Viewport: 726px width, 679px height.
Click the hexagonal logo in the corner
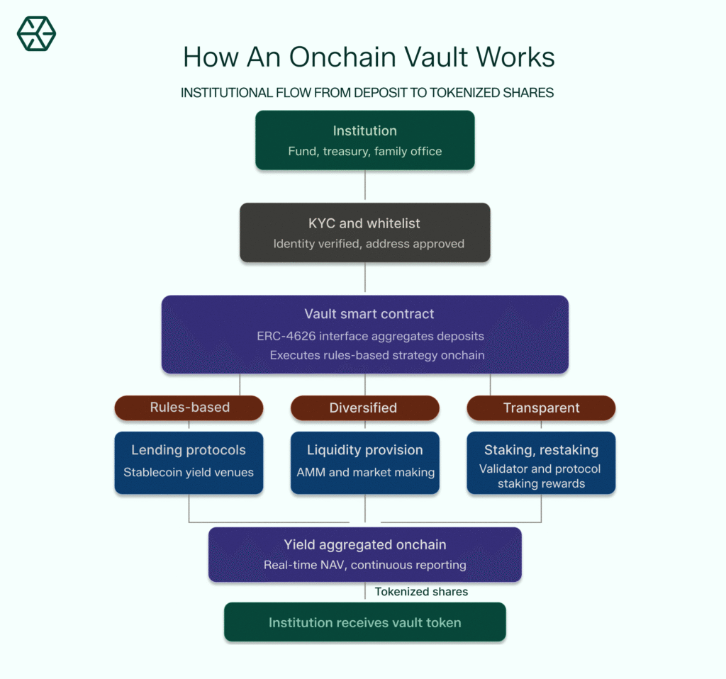[x=36, y=33]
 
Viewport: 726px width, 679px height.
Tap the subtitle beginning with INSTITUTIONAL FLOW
[x=367, y=93]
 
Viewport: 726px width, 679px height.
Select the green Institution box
[x=364, y=140]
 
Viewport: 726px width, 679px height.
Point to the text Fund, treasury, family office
[x=364, y=151]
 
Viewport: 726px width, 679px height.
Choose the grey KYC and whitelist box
[x=364, y=232]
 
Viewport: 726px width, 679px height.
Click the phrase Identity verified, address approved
[x=369, y=244]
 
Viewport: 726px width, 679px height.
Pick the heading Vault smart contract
[x=369, y=314]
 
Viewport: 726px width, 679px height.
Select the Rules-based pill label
[x=189, y=408]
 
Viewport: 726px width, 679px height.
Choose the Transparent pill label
[x=541, y=408]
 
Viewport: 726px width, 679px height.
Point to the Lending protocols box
[x=189, y=461]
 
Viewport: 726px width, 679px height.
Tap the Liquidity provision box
[x=364, y=461]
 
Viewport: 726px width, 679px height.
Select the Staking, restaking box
[x=541, y=462]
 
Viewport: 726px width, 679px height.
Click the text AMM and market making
[x=364, y=473]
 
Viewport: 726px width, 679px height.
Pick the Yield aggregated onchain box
[x=364, y=554]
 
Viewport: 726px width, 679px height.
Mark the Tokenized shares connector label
[x=421, y=592]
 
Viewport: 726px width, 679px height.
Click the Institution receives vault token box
[x=364, y=622]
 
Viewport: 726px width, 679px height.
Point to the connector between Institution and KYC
[x=365, y=186]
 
